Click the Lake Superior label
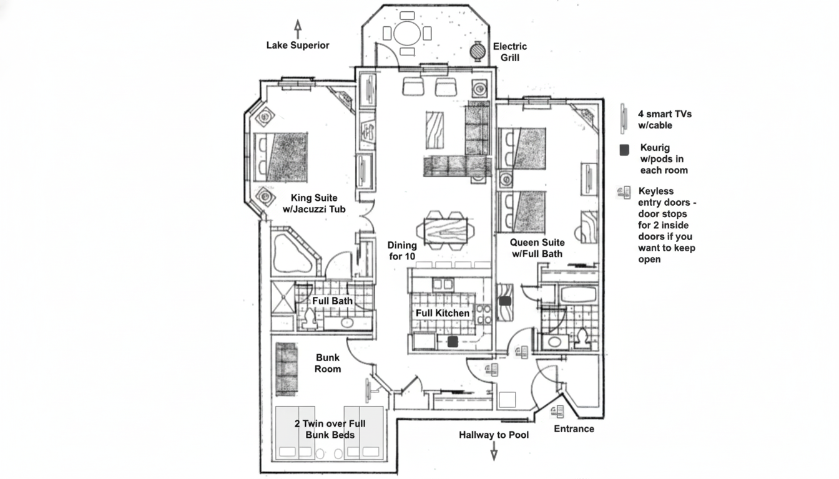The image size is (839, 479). [298, 45]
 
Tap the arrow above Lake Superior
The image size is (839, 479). [298, 28]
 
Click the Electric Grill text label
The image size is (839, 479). [510, 52]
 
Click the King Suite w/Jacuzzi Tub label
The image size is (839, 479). [314, 204]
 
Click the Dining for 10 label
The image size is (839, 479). [402, 250]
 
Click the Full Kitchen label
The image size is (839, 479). [443, 313]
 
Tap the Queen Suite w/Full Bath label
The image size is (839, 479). [537, 248]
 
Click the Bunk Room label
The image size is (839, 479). [328, 363]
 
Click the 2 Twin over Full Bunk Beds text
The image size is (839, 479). [330, 429]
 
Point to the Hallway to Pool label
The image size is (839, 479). [494, 434]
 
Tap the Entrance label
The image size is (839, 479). [574, 428]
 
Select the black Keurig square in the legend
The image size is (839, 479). [624, 150]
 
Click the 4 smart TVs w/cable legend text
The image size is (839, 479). [664, 120]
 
